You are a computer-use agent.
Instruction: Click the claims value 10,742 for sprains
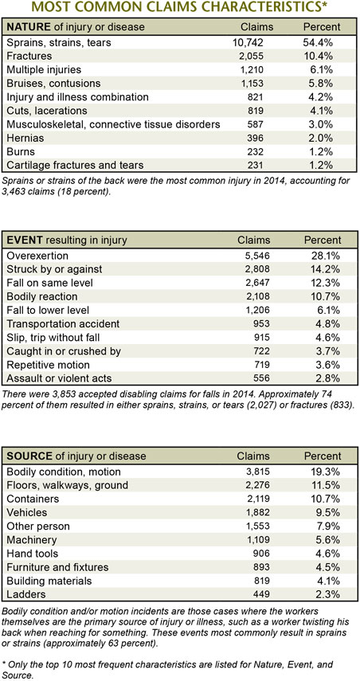click(248, 42)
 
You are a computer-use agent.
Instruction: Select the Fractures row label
click(29, 56)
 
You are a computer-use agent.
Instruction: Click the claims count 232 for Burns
click(257, 151)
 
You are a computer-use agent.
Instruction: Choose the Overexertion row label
click(37, 256)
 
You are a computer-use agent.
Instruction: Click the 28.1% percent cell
click(322, 256)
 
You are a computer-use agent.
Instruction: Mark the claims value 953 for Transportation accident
click(262, 324)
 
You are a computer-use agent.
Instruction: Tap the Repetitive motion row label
click(49, 364)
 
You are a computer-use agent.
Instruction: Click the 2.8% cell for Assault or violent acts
click(325, 378)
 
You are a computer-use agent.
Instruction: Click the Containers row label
click(33, 499)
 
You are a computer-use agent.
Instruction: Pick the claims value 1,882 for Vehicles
click(258, 512)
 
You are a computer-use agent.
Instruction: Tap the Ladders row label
click(26, 593)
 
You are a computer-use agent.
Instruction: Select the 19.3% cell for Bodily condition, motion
click(322, 472)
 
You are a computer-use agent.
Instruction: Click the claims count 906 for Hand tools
click(262, 554)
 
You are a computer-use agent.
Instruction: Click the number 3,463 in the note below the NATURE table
click(14, 192)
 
